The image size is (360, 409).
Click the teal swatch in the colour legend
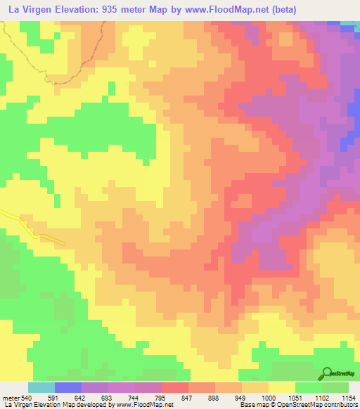(41, 387)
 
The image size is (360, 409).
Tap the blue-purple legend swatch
(68, 387)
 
